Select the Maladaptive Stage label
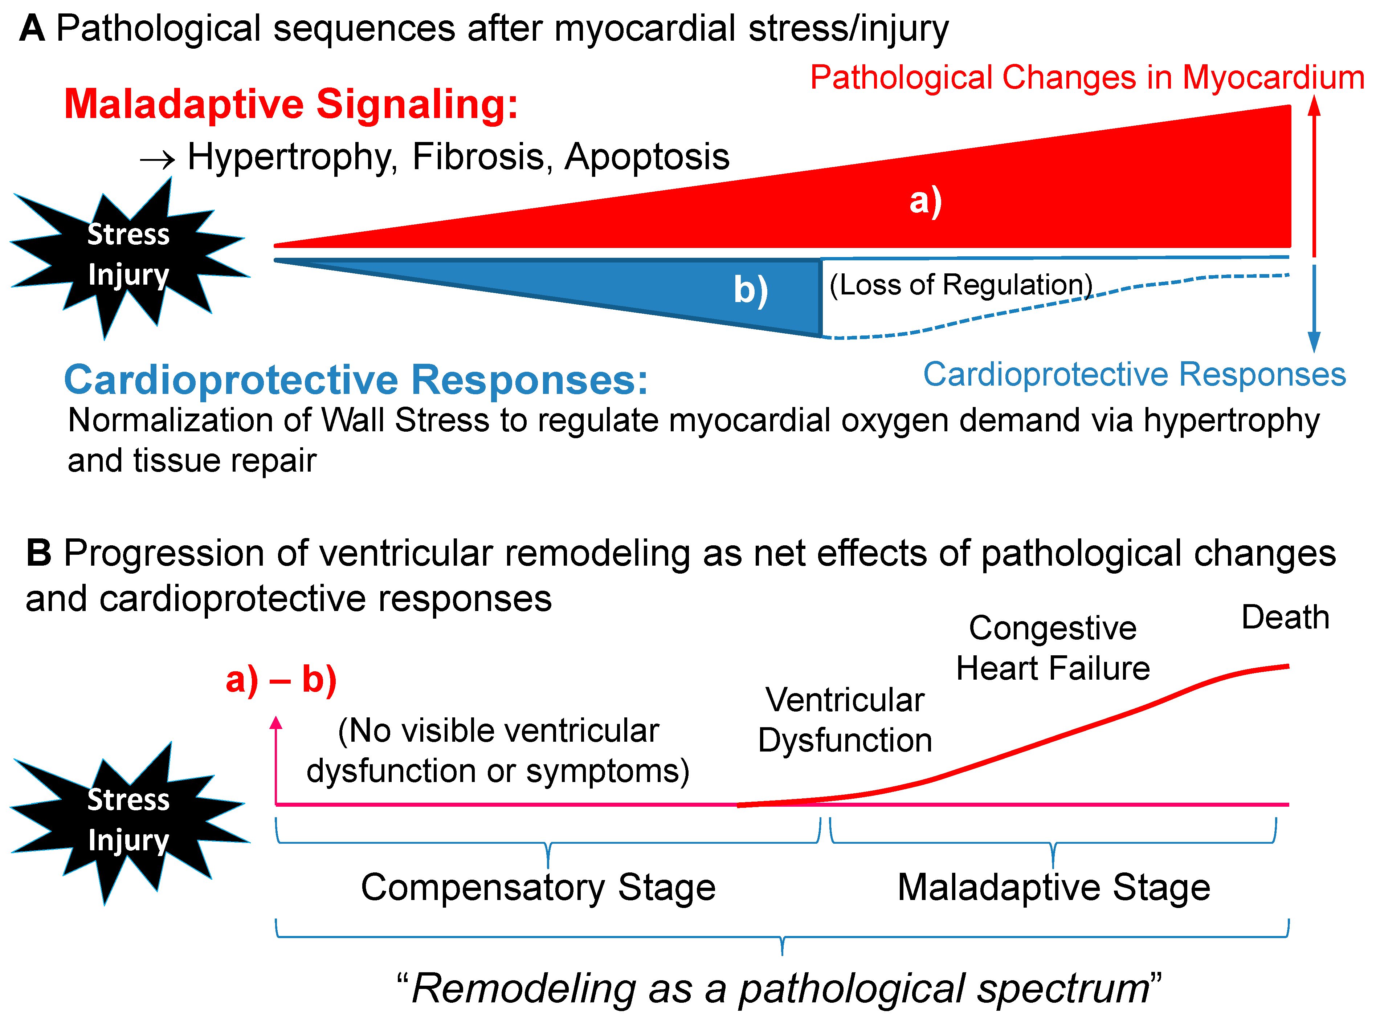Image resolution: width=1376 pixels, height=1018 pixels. (1053, 888)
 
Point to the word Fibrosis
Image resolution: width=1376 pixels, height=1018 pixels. (479, 157)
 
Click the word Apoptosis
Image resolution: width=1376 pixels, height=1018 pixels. (647, 157)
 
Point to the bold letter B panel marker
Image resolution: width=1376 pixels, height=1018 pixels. (38, 553)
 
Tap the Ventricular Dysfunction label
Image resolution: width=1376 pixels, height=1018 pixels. (845, 720)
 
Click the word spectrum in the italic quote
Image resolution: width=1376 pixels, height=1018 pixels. (1062, 989)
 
